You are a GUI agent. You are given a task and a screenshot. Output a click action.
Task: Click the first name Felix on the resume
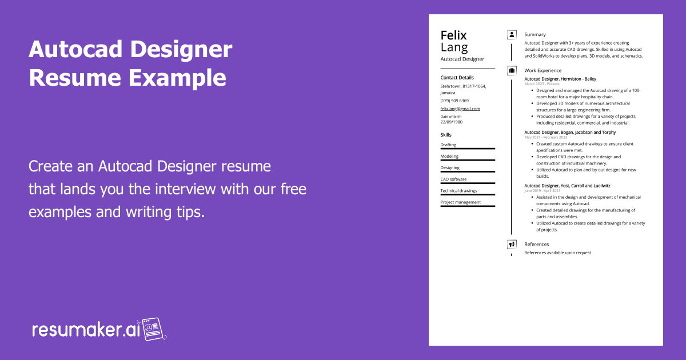[x=453, y=35]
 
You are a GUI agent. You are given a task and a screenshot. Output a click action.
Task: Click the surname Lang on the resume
[x=454, y=47]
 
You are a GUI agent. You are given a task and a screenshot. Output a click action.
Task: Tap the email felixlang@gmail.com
[x=460, y=109]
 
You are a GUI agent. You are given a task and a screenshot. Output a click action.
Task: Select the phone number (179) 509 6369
[x=454, y=101]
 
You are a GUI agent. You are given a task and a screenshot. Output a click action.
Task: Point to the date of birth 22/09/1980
[x=452, y=122]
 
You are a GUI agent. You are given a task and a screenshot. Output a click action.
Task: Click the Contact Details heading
[x=457, y=77]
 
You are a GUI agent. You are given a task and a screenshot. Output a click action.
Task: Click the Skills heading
[x=446, y=135]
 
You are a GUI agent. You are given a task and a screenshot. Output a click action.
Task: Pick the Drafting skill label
[x=448, y=145]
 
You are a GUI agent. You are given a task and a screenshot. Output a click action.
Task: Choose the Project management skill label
[x=460, y=202]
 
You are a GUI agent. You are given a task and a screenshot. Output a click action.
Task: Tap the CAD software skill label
[x=453, y=179]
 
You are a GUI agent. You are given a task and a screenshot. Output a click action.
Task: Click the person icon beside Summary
[x=512, y=35]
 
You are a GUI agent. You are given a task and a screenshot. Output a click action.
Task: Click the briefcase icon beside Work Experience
[x=512, y=70]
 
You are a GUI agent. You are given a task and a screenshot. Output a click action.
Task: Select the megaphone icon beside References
[x=512, y=244]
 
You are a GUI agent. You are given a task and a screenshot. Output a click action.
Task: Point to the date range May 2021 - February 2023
[x=545, y=137]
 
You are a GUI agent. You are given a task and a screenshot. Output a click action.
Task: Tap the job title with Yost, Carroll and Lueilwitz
[x=567, y=185]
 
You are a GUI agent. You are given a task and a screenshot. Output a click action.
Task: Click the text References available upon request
[x=557, y=253]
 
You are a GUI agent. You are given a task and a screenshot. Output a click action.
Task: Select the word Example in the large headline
[x=177, y=77]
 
